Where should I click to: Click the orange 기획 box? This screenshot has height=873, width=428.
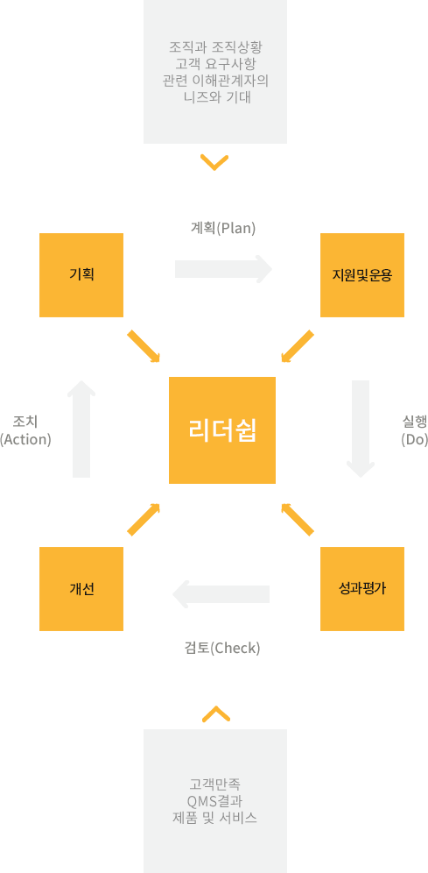pyautogui.click(x=81, y=275)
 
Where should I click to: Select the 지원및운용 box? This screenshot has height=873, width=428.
pyautogui.click(x=362, y=275)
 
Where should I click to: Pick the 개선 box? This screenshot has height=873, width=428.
pyautogui.click(x=81, y=589)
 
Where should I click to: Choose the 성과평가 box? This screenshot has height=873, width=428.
pyautogui.click(x=362, y=589)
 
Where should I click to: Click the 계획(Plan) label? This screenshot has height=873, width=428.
pyautogui.click(x=223, y=228)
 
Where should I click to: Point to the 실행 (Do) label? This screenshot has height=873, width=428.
pyautogui.click(x=414, y=430)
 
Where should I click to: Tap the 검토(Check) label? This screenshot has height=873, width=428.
pyautogui.click(x=222, y=648)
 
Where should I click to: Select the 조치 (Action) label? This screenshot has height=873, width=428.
pyautogui.click(x=25, y=430)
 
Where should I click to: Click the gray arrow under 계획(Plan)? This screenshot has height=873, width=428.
pyautogui.click(x=223, y=269)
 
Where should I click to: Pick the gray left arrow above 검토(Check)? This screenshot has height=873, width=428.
pyautogui.click(x=221, y=594)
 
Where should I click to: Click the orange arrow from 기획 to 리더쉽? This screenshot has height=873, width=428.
pyautogui.click(x=144, y=347)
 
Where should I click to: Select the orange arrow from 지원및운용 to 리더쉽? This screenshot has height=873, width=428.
pyautogui.click(x=298, y=347)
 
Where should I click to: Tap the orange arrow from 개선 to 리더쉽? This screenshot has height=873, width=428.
pyautogui.click(x=144, y=520)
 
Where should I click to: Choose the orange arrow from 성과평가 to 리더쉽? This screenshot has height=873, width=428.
pyautogui.click(x=298, y=520)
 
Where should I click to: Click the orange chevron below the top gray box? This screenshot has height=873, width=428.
pyautogui.click(x=214, y=163)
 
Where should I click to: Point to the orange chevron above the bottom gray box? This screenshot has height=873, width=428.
pyautogui.click(x=215, y=713)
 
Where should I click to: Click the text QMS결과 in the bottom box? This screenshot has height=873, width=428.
pyautogui.click(x=215, y=802)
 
